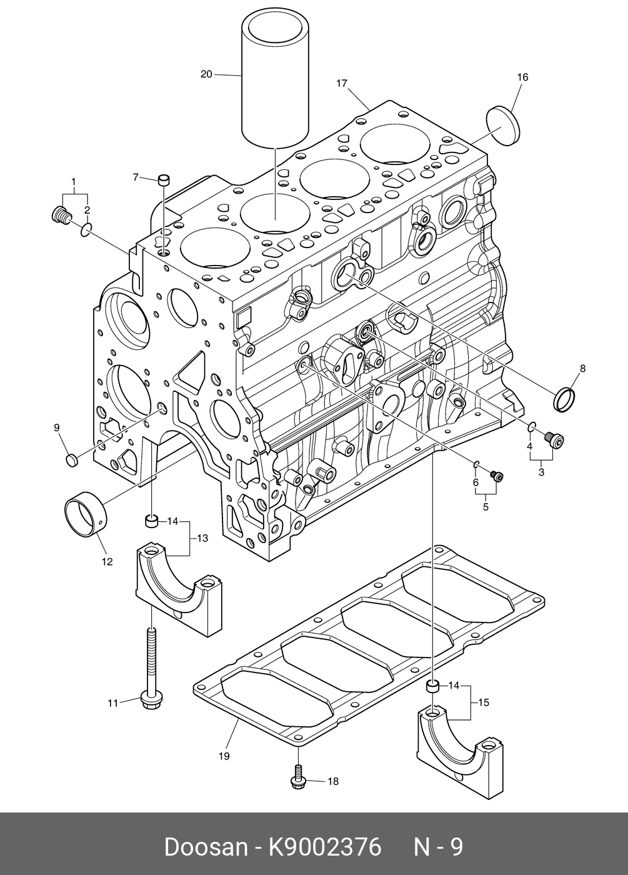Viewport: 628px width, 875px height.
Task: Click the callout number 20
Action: tap(206, 74)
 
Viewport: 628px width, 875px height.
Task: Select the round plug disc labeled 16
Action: tap(504, 126)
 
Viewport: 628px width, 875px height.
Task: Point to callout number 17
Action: tap(341, 83)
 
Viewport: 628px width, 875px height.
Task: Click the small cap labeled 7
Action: tap(164, 181)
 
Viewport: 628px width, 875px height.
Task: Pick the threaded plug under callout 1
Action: tap(61, 214)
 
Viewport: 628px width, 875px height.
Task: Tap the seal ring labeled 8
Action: tap(564, 399)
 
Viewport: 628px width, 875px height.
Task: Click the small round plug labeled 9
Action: tap(71, 460)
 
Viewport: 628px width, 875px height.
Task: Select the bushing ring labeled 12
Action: tap(85, 514)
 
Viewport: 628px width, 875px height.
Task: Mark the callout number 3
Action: tap(541, 472)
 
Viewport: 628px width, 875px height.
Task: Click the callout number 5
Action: tap(486, 507)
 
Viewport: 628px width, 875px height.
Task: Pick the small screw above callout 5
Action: tap(497, 476)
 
